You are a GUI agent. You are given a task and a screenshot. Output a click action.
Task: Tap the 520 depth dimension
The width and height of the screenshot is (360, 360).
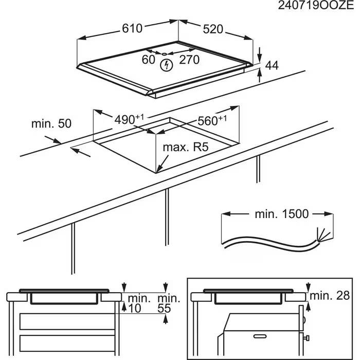click(x=213, y=29)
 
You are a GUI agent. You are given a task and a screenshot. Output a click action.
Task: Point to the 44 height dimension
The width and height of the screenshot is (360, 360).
click(x=272, y=65)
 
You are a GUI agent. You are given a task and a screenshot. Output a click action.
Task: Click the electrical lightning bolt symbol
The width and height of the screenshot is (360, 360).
click(x=166, y=65)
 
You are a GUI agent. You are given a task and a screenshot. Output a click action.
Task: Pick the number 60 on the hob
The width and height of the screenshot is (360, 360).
click(x=148, y=60)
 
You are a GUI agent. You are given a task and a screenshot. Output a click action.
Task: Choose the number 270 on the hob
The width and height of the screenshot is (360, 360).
click(x=189, y=60)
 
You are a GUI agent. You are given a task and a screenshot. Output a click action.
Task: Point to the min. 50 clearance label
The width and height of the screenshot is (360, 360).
click(x=51, y=123)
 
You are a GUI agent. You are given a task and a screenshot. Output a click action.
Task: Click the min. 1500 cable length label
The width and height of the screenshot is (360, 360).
click(x=282, y=213)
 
